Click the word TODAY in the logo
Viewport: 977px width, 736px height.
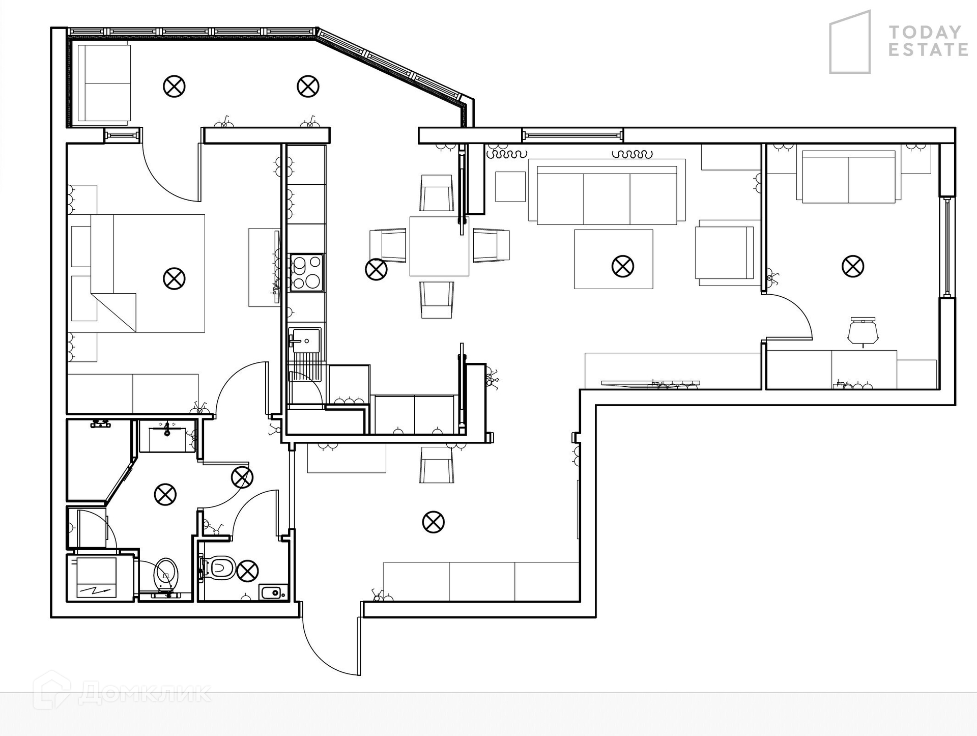tap(925, 33)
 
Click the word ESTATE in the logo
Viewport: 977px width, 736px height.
tap(928, 50)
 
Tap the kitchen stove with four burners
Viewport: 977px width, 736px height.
tap(306, 273)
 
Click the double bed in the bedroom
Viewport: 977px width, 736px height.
tap(148, 273)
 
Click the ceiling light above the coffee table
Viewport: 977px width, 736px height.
tap(622, 266)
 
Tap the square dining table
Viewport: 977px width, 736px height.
tap(439, 246)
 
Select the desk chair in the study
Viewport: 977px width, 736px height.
tap(863, 331)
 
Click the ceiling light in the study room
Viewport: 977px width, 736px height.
tap(853, 266)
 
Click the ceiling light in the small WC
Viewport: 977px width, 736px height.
tap(248, 571)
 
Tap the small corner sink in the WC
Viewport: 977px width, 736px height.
tap(273, 592)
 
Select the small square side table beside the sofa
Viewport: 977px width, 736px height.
tap(510, 187)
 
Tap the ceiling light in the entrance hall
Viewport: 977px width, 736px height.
tap(433, 522)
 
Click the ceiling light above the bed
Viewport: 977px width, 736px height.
tap(174, 279)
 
